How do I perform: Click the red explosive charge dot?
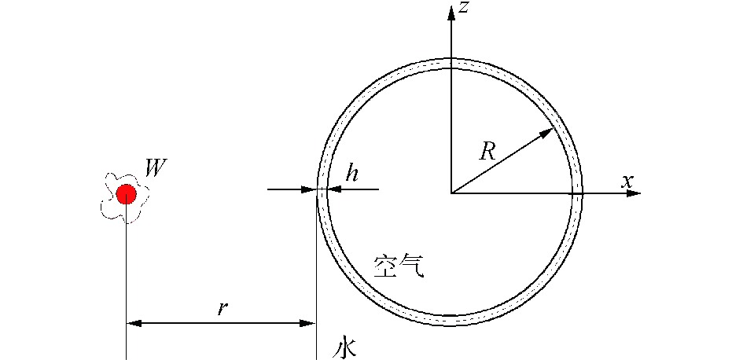[x=126, y=193]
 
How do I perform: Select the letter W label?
[x=154, y=168]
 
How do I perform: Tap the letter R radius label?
[x=487, y=152]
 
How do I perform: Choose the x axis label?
[x=627, y=181]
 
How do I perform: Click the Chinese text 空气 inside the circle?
[x=399, y=266]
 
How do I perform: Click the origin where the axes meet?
[x=451, y=193]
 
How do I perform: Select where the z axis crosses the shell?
[x=451, y=64]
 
